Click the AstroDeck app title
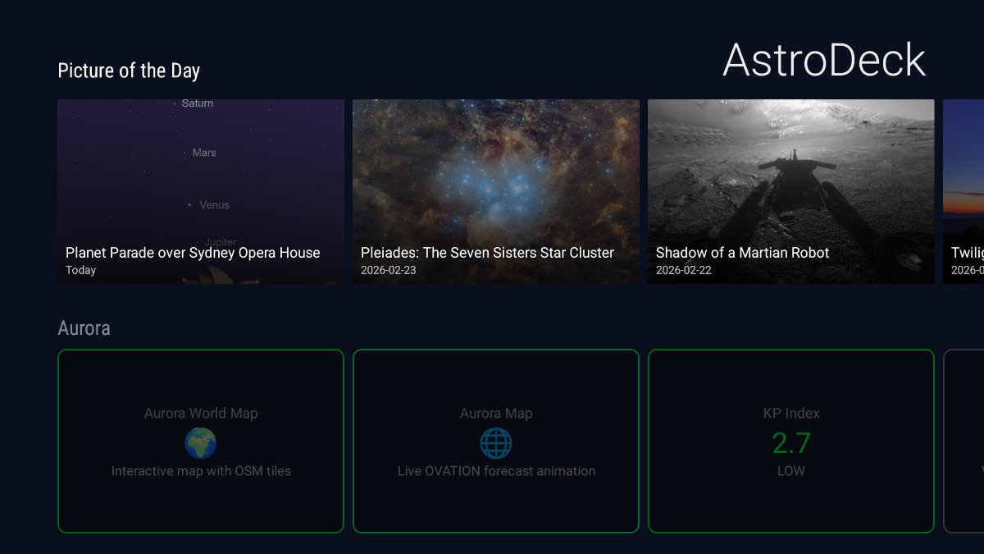824,61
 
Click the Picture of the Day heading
129,71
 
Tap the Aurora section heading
84,328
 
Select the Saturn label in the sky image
197,103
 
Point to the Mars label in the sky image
204,153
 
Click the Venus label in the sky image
214,205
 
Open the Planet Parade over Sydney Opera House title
193,253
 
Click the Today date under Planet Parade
81,270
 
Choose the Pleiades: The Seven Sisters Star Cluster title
487,253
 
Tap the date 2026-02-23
388,270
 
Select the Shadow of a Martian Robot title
742,253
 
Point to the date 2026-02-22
683,270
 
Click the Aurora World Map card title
201,414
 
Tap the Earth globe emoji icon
201,443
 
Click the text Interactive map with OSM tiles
201,471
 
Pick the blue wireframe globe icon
496,443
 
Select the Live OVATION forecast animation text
496,471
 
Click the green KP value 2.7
791,443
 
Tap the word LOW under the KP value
791,471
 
